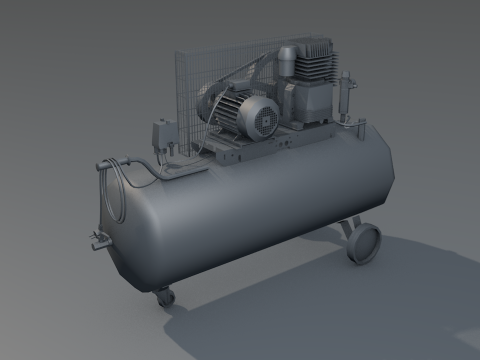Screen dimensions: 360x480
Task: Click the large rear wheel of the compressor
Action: click(365, 244)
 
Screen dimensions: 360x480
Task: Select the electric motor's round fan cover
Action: click(265, 120)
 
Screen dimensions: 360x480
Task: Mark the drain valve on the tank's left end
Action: click(97, 238)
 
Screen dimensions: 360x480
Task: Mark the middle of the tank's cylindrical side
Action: click(250, 210)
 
